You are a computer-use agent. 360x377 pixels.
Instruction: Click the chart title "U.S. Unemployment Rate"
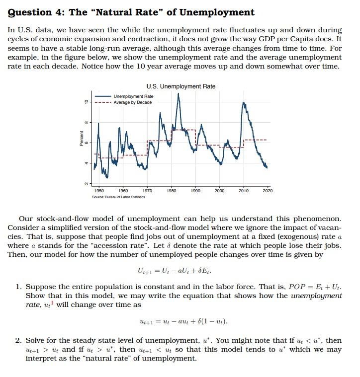(181, 86)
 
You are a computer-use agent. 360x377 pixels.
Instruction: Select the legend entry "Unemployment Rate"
(133, 96)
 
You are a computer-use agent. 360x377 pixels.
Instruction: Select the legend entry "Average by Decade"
(133, 102)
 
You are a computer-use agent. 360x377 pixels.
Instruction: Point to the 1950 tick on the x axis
(99, 191)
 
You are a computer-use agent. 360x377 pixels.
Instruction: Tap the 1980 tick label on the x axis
(172, 191)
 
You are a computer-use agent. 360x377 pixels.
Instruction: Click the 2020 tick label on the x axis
(268, 191)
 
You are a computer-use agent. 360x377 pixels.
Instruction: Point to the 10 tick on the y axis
(86, 101)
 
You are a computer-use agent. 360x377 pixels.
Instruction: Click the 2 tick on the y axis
(86, 184)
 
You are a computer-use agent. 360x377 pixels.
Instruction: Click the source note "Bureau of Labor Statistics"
(119, 197)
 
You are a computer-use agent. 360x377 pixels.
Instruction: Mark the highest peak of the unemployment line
(179, 94)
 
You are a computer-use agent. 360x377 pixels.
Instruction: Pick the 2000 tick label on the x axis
(219, 191)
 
